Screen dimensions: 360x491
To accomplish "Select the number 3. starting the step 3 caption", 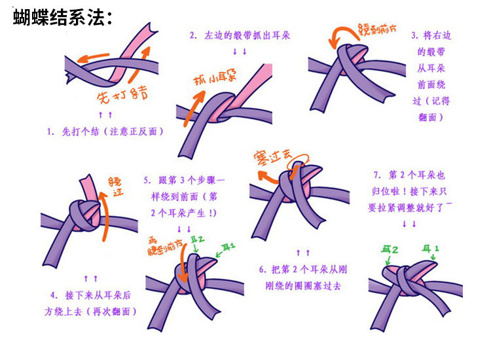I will (x=415, y=35).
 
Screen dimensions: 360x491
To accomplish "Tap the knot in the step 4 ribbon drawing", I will (x=85, y=215).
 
